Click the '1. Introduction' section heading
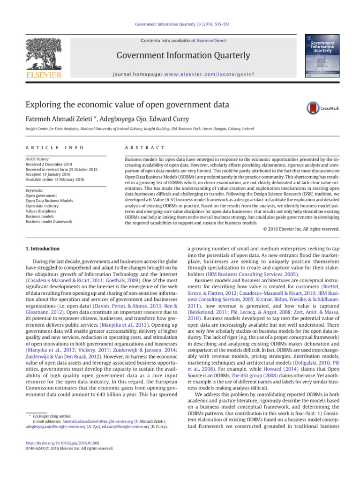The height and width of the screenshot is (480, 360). click(42, 248)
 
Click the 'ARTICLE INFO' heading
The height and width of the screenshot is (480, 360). click(55, 148)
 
